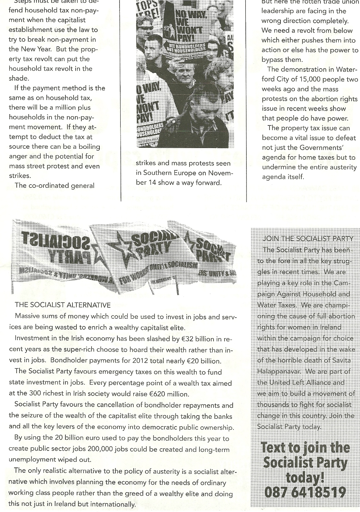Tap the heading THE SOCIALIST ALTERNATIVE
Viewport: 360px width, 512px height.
[63, 305]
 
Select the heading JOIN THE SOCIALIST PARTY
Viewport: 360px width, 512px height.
[308, 239]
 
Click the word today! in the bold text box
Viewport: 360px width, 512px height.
[305, 477]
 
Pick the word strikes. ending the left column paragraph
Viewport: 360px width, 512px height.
[19, 176]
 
